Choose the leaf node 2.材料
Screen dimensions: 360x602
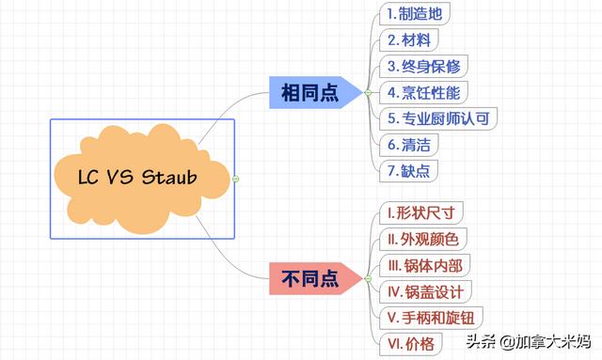click(x=410, y=40)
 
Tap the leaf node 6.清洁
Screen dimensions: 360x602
click(x=410, y=145)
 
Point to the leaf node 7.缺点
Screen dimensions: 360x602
click(x=410, y=171)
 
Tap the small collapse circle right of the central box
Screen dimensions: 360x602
click(x=236, y=178)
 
